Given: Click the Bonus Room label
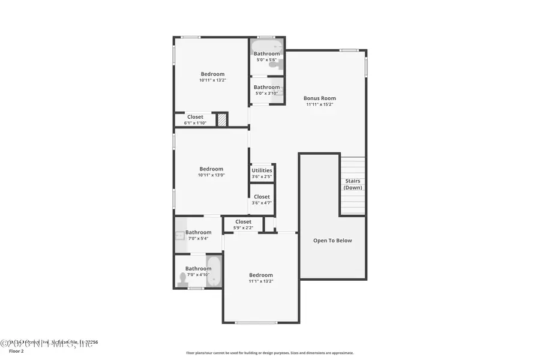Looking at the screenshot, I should (x=319, y=98).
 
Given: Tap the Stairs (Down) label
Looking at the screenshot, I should (x=353, y=184).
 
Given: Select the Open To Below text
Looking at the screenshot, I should (x=332, y=241).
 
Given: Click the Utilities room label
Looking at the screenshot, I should (x=262, y=170).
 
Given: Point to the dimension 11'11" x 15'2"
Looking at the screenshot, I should (x=319, y=104).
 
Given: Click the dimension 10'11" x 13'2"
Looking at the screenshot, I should (x=212, y=80).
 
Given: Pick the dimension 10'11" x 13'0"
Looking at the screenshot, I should (x=211, y=175).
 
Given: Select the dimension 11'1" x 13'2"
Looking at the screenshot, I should (x=261, y=281).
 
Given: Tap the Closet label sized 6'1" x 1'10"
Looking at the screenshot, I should (x=195, y=117).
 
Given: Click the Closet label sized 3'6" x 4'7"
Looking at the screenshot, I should (x=262, y=197).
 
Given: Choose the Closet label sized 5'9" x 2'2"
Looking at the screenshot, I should (x=243, y=221).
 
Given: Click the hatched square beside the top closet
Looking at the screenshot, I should (x=222, y=120).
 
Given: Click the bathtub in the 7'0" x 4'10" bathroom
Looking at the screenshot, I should (x=214, y=272).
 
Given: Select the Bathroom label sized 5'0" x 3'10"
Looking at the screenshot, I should (x=266, y=87).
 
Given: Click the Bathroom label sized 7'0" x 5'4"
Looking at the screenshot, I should (x=198, y=232).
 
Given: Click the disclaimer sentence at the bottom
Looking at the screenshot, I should (x=269, y=353).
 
